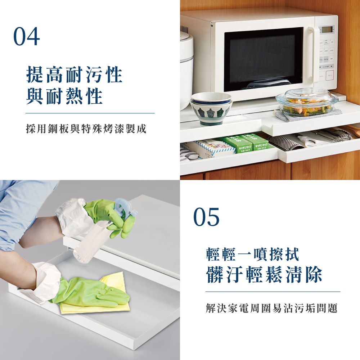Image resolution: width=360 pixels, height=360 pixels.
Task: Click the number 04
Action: click(27, 36)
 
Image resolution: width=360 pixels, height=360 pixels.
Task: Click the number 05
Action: click(206, 217)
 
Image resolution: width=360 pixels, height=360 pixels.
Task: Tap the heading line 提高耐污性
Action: click(75, 75)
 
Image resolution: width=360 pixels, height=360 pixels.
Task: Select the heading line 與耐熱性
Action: click(64, 96)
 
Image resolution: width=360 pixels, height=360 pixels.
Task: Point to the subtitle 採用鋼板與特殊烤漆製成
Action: click(86, 129)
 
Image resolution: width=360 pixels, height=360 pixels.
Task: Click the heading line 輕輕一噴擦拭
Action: click(253, 254)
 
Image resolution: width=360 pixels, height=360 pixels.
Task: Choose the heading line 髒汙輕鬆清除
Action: click(264, 275)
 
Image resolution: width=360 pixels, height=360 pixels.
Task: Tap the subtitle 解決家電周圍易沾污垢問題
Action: click(272, 308)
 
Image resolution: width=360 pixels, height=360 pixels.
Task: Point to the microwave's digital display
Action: click(327, 30)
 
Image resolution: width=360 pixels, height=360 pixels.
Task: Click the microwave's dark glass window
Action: click(264, 59)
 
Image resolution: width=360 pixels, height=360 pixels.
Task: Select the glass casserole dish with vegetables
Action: click(307, 102)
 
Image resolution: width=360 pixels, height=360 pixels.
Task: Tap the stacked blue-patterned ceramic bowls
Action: click(211, 109)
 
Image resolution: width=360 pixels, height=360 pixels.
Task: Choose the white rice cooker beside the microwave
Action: click(186, 69)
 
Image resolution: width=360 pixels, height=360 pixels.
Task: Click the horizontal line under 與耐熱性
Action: click(90, 113)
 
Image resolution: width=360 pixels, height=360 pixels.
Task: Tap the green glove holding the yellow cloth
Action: click(90, 292)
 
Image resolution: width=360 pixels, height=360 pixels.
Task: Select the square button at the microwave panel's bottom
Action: click(330, 75)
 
